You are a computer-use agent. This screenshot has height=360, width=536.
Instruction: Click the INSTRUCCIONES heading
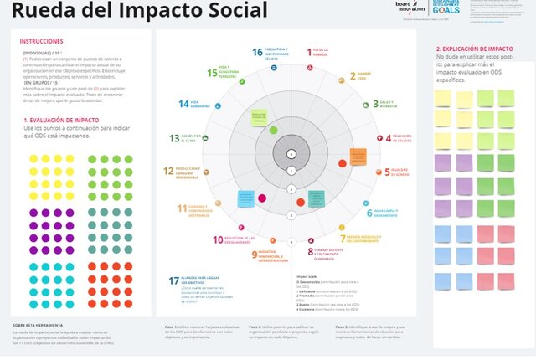pos(41,42)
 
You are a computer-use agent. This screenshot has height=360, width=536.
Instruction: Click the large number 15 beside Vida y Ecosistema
pos(213,73)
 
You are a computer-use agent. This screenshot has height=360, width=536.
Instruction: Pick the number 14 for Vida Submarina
pos(183,104)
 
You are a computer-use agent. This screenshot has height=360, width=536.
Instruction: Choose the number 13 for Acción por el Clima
pos(174,138)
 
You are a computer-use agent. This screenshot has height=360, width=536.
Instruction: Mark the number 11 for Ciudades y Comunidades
pos(182,208)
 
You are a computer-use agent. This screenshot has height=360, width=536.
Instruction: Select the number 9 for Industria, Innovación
pos(255,254)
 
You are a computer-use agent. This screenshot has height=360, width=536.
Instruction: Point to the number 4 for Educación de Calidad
pos(388,138)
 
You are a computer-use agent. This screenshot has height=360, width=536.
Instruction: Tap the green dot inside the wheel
pos(273,130)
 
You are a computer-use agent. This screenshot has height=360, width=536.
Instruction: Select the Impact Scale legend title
pos(307,276)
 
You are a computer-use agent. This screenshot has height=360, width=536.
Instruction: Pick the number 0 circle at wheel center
pos(291,154)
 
